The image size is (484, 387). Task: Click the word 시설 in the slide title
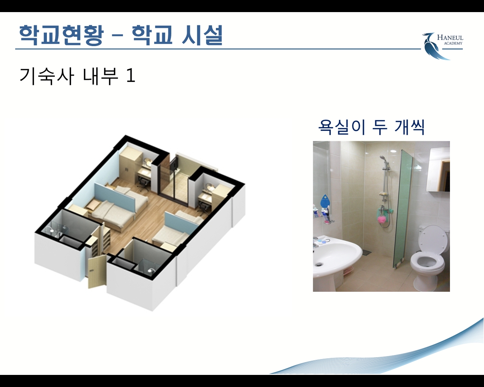coord(202,35)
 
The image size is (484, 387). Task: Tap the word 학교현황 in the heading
coord(61,35)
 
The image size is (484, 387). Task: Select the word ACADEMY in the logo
coord(453,43)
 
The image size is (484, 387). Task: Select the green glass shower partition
coord(403,209)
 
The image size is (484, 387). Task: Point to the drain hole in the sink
coord(319,265)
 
